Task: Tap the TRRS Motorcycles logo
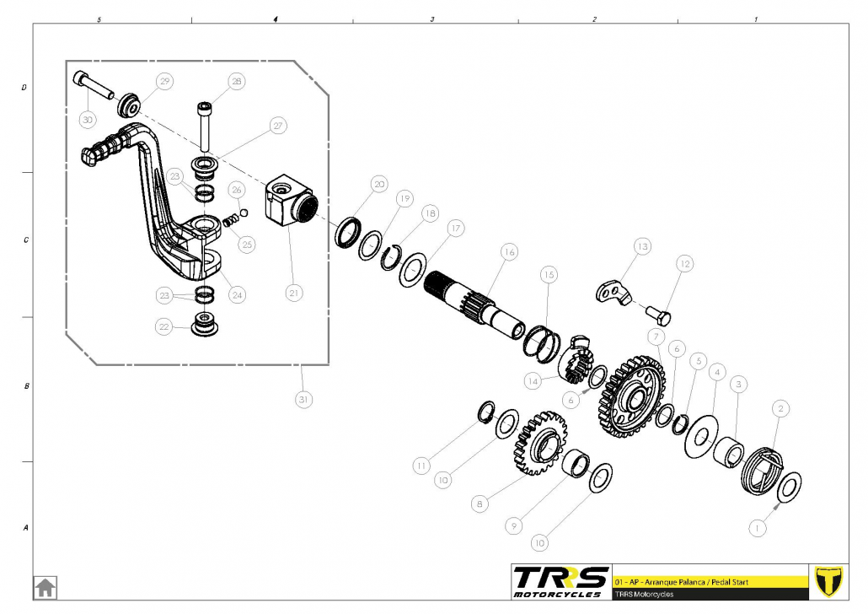[x=560, y=580]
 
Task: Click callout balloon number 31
[x=302, y=399]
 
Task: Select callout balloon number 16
[x=508, y=251]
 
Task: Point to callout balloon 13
[x=643, y=246]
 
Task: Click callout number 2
[x=780, y=408]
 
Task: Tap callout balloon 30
[x=88, y=120]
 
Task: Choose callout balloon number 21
[x=293, y=293]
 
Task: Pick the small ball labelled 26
[x=243, y=212]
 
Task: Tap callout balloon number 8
[x=480, y=504]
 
